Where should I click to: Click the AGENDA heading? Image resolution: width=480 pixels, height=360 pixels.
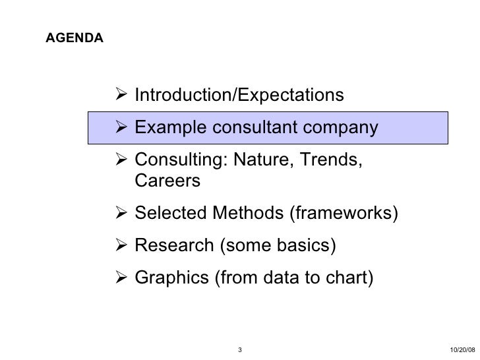coord(74,39)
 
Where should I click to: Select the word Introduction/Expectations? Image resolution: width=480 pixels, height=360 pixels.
coord(239,96)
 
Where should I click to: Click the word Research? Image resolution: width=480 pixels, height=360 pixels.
coord(173,246)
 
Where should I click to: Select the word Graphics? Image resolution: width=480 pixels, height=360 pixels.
coord(171,278)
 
